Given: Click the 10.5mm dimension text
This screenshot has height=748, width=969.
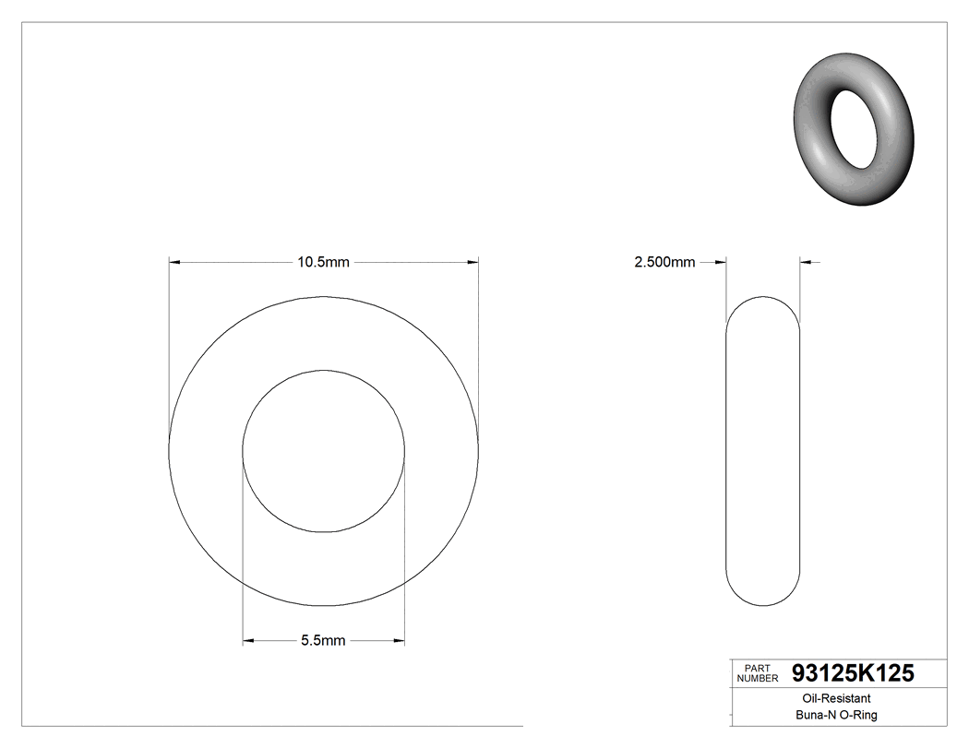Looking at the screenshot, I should click(323, 263).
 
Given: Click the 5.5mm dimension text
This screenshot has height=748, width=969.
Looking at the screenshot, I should click(323, 641).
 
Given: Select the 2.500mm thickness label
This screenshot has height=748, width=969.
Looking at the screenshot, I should click(664, 263).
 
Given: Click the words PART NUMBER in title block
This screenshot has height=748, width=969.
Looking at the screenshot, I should click(757, 673).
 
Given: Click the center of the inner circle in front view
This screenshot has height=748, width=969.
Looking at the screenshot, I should click(323, 451).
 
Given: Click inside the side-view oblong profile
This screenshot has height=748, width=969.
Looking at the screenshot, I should click(762, 451).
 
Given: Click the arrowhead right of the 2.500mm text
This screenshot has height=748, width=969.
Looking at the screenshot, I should click(721, 263).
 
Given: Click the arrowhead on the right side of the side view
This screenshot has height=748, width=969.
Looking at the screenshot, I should click(806, 263).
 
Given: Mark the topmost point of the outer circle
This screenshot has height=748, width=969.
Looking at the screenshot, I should click(323, 296).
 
